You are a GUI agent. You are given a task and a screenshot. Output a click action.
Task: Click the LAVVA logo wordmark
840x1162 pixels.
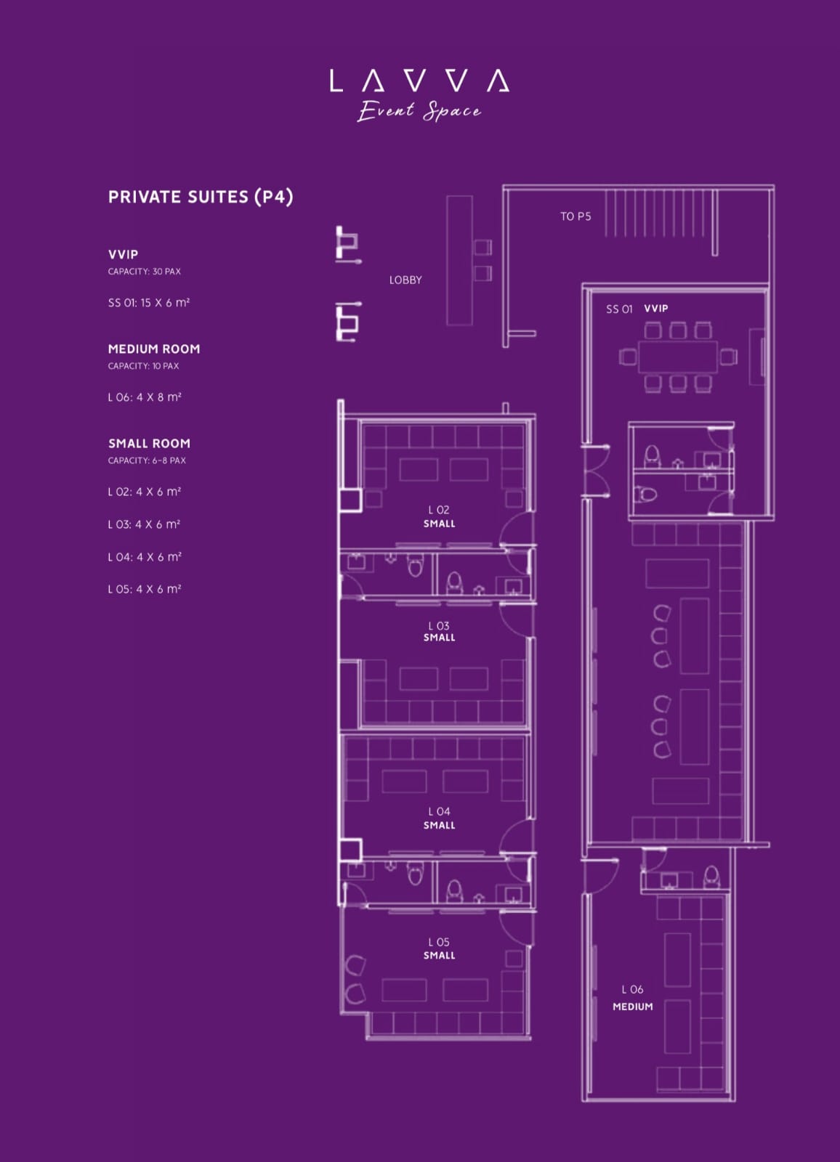point(419,81)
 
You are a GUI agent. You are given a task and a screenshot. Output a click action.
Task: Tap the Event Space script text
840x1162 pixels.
point(419,110)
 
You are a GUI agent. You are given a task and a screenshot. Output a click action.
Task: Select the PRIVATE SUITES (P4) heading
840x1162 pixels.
point(201,197)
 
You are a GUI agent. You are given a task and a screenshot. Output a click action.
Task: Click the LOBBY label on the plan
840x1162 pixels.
point(405,280)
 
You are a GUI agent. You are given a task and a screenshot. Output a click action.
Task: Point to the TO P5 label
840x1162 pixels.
point(576,216)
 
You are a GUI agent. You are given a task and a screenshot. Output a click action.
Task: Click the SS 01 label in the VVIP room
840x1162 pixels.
point(619,309)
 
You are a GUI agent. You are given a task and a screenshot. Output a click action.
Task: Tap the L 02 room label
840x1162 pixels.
point(439,510)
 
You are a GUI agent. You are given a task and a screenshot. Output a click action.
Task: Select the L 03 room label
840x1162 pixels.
point(439,626)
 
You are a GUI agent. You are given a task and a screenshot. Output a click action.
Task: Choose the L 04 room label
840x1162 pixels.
point(439,811)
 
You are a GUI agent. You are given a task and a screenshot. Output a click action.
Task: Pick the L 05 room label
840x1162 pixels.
point(439,942)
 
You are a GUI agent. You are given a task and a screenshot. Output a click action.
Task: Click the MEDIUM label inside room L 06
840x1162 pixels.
point(632,1007)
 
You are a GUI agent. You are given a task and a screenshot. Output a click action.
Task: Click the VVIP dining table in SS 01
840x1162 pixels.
point(677,357)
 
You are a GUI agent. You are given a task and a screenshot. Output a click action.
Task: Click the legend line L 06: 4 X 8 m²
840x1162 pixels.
point(145,397)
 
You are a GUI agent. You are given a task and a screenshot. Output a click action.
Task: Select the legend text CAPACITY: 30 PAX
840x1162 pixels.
point(145,272)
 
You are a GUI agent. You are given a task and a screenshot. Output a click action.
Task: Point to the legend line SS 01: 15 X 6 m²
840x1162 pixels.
point(149,303)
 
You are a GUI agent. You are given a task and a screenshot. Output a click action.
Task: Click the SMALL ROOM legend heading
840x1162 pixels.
point(149,444)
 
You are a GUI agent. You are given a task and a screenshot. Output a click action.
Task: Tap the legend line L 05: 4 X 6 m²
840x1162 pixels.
point(145,589)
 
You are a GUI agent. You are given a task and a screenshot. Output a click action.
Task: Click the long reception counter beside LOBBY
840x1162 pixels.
point(459,261)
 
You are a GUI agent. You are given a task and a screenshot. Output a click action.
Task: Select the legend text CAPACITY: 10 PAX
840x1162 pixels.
point(143,366)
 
